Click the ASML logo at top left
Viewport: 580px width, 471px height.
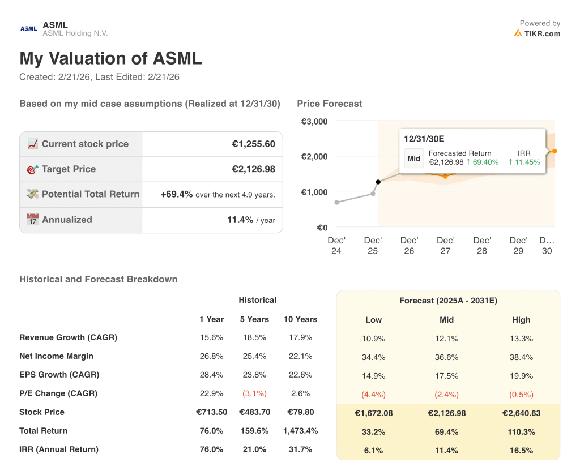point(28,28)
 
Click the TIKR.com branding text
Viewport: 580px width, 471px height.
point(541,33)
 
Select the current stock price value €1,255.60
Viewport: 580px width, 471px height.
point(253,144)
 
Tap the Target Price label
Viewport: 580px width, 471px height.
point(69,169)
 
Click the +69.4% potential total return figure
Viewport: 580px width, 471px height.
point(176,194)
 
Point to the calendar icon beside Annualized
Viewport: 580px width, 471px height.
point(33,220)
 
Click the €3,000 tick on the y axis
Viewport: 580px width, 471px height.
point(314,121)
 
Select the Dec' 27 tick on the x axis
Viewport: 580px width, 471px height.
point(446,246)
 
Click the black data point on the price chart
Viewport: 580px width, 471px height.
point(378,182)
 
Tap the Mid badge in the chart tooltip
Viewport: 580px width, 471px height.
point(414,159)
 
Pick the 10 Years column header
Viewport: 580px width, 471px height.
point(300,319)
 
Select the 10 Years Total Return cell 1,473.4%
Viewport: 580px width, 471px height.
point(300,431)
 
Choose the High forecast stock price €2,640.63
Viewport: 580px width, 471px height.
point(521,413)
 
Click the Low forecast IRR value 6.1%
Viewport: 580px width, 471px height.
point(373,451)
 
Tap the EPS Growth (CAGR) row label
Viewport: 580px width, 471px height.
point(59,375)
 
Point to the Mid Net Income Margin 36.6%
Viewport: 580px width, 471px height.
point(447,357)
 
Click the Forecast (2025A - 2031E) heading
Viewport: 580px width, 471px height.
point(448,301)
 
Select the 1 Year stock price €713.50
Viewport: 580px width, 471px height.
point(211,412)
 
